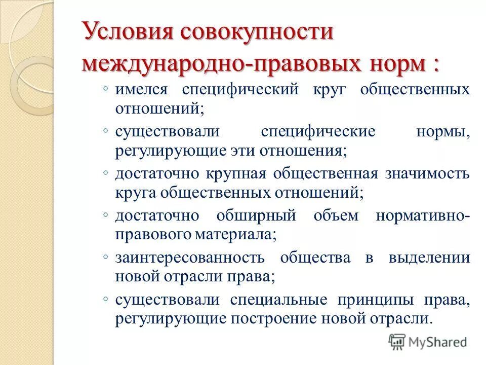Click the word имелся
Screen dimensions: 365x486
tap(142, 90)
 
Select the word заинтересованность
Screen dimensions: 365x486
tap(190, 257)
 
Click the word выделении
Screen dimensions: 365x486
tap(429, 257)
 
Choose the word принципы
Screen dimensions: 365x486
tap(371, 299)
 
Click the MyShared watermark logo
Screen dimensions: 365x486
tap(428, 341)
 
